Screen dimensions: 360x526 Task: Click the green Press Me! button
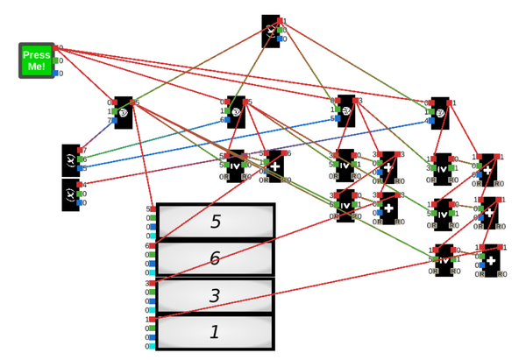coord(37,60)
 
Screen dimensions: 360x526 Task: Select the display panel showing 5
coord(215,222)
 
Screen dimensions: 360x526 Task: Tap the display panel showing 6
coord(215,258)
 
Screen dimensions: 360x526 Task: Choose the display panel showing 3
coord(215,296)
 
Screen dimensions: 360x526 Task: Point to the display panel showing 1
coord(215,333)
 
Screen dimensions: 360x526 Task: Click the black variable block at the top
coord(271,31)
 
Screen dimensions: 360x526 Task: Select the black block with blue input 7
coord(124,112)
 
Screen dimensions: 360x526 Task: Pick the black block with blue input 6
coord(236,112)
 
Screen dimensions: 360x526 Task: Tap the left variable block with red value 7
coord(71,159)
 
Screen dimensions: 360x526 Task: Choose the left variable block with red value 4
coord(71,194)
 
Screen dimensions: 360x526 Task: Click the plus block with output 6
coord(275,165)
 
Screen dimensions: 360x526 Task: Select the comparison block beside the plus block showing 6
coord(236,165)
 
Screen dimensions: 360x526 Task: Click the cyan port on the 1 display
coord(153,347)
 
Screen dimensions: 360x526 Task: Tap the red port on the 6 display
coord(153,246)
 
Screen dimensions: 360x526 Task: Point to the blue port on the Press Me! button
coord(55,74)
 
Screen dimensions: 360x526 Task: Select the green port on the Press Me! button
coord(55,61)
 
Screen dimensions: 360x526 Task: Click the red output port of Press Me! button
coord(55,48)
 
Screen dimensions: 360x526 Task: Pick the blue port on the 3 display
coord(153,301)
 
